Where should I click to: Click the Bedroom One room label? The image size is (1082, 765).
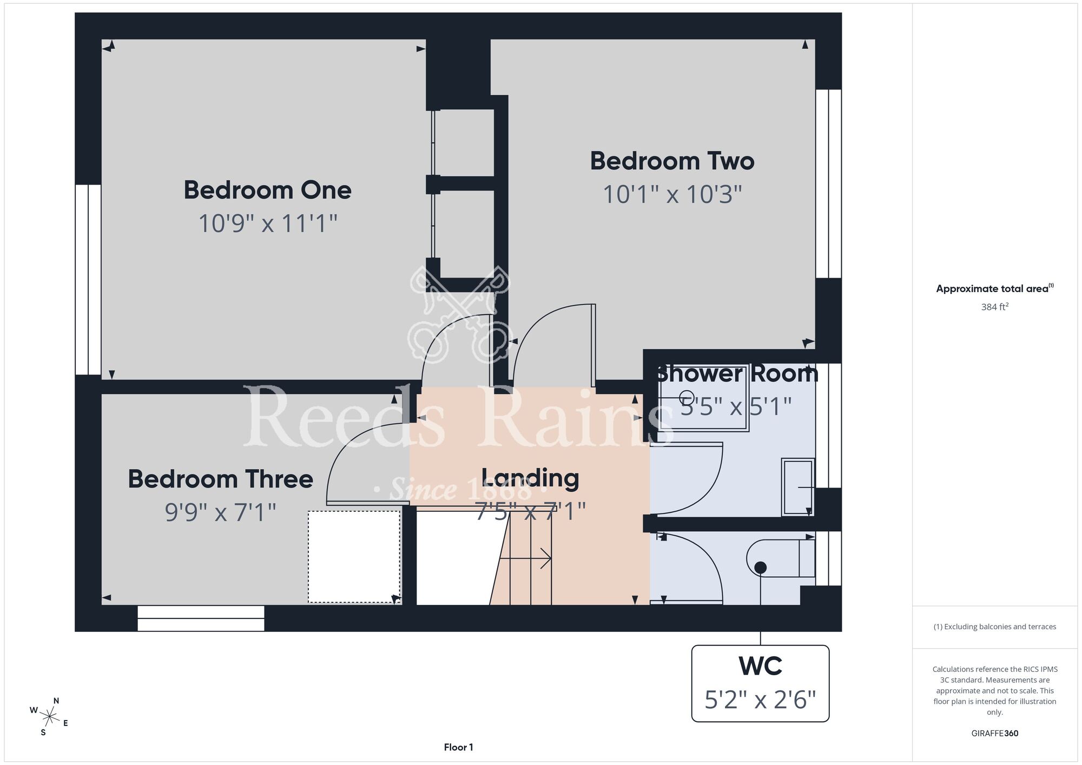point(268,190)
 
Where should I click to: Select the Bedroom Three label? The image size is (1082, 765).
point(221,479)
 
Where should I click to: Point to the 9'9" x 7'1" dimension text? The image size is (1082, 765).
point(221,512)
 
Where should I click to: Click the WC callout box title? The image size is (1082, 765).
point(761,666)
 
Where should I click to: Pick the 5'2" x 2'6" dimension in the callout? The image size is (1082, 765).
point(760,700)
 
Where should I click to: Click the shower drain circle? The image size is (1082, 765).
point(687,397)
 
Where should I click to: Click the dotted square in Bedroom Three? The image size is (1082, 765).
point(354,557)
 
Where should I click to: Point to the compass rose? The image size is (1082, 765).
point(49,717)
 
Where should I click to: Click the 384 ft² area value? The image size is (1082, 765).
point(995,307)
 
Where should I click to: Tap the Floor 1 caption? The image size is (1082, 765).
point(458,747)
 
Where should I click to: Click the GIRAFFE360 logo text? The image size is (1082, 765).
point(995,734)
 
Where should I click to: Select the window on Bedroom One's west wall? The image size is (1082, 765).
point(88,280)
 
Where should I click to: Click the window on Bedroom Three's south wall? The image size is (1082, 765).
point(201,618)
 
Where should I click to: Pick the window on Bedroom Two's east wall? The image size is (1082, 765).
point(828,183)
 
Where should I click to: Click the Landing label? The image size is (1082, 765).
point(530,478)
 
